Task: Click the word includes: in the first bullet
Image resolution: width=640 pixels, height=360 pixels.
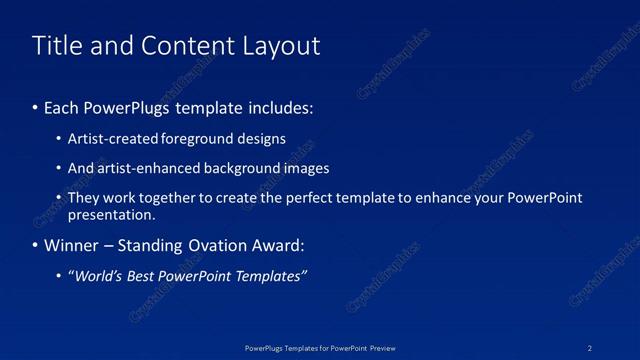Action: [x=276, y=107]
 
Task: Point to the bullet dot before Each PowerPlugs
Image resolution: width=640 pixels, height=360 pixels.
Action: [x=36, y=107]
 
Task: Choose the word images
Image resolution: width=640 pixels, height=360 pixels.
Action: [x=307, y=168]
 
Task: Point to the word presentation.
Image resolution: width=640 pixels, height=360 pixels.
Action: [x=111, y=214]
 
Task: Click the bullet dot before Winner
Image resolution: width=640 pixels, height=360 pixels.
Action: [x=36, y=245]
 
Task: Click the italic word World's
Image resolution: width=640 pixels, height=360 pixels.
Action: [x=97, y=276]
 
